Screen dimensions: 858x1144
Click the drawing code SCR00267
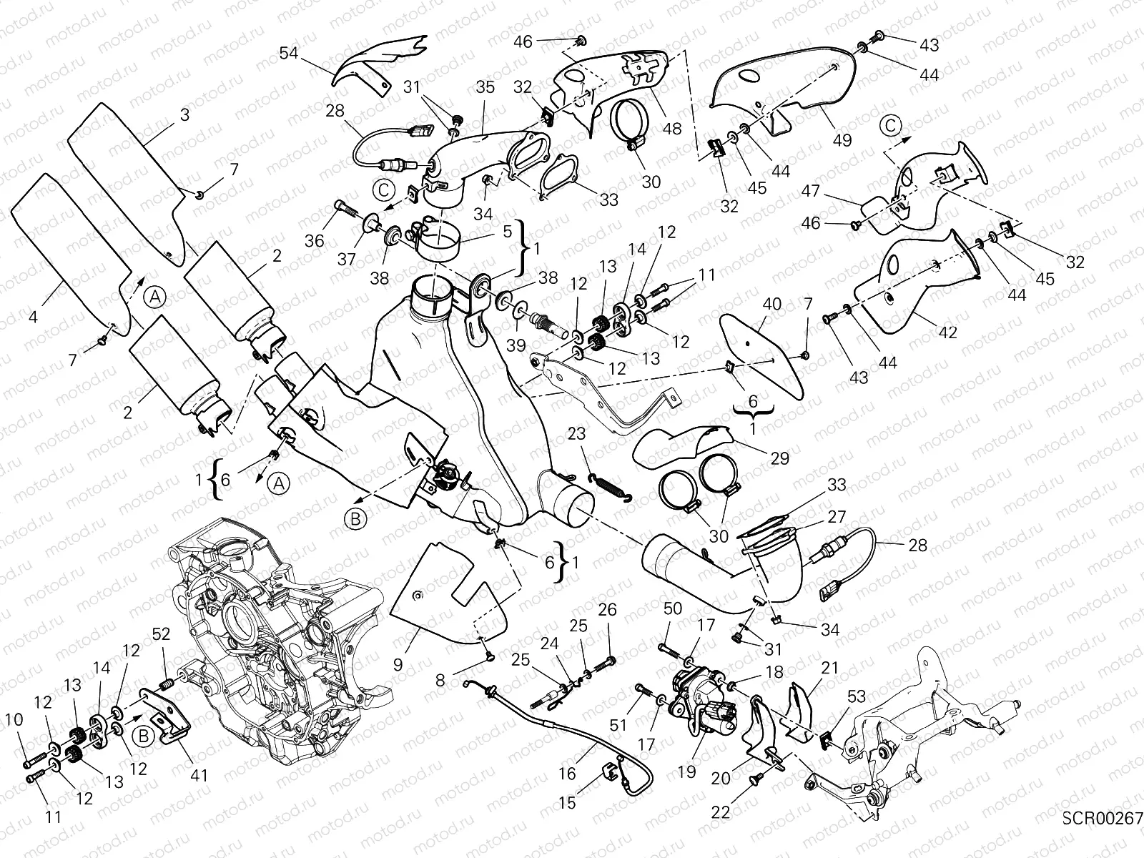tap(1102, 818)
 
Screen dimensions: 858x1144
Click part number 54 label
tap(289, 54)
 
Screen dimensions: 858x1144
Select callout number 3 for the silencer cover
tap(184, 114)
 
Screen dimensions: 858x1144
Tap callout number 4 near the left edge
tap(33, 315)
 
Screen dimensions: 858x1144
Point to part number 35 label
tap(485, 88)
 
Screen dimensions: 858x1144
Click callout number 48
tap(672, 129)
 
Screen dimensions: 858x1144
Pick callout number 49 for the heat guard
tap(842, 139)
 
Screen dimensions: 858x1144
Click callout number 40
tap(771, 303)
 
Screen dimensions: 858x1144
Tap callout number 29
tap(780, 457)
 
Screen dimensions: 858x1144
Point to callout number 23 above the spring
tap(577, 433)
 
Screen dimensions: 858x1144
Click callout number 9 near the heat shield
tap(398, 664)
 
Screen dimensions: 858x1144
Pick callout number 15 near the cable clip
tap(566, 803)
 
